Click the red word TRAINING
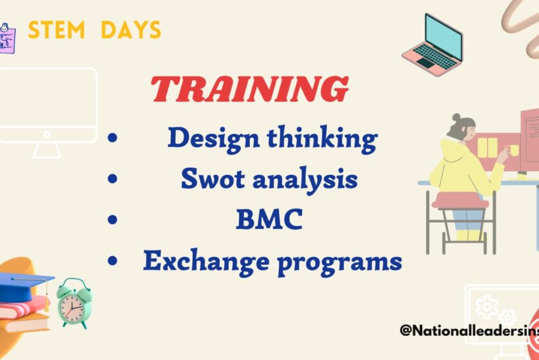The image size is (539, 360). [250, 89]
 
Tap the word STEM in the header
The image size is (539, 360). [57, 30]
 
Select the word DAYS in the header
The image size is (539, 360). [131, 30]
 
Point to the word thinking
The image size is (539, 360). [322, 139]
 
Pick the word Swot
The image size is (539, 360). [212, 179]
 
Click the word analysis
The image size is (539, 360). [305, 180]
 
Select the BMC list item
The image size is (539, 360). [269, 219]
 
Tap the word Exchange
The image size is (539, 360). [206, 261]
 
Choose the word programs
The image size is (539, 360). [340, 263]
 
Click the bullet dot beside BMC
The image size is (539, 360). [113, 219]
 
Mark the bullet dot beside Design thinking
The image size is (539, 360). [113, 138]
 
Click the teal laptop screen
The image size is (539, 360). [444, 36]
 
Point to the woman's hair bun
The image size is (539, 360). [456, 118]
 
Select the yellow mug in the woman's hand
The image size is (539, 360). [514, 150]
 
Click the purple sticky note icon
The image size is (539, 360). [7, 39]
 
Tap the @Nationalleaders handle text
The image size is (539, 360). [469, 331]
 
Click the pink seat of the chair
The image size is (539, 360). [460, 200]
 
